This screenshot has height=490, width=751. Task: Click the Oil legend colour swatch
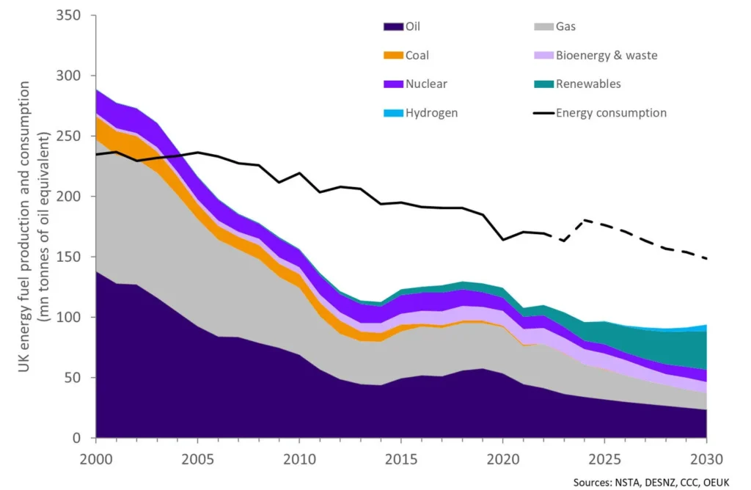pos(393,27)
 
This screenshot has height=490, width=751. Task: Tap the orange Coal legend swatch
pos(393,56)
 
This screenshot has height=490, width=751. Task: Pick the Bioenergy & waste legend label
pos(606,56)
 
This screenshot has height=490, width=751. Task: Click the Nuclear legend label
pos(426,84)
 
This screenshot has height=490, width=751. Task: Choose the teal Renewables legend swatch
pos(543,84)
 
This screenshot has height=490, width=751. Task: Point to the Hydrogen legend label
pos(431,113)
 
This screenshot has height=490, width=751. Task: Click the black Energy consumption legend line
pos(543,113)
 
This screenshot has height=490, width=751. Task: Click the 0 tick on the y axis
pos(82,438)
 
